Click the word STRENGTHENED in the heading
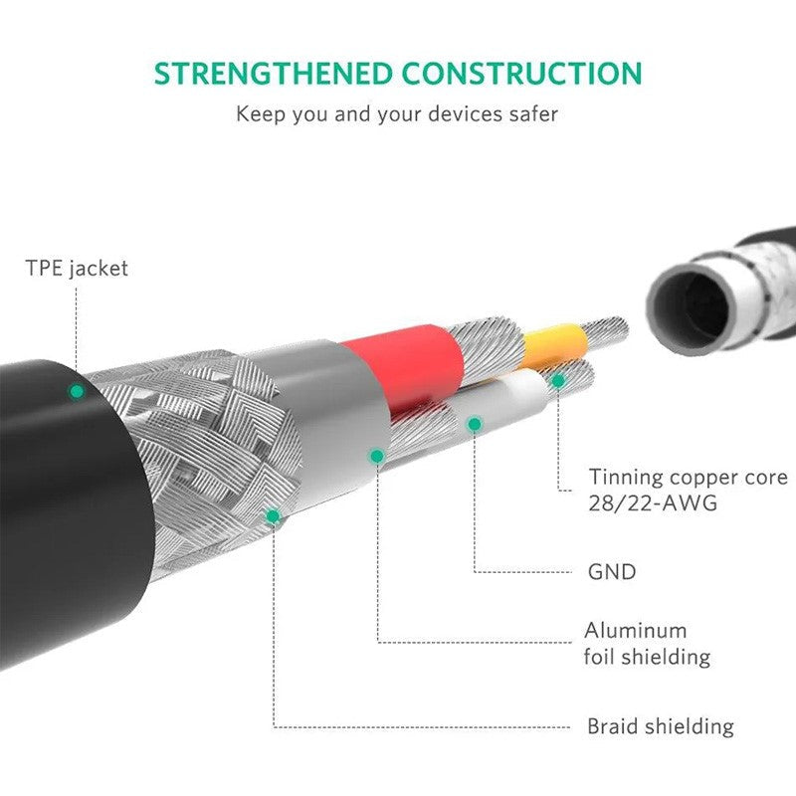coord(274,73)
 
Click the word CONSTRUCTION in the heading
coord(522,73)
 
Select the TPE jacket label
coord(77,268)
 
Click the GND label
coord(612,572)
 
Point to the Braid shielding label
coord(661,726)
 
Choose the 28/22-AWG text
coord(653,503)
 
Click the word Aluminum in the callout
coord(636,631)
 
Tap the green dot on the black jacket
coord(78,391)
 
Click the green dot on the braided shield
coord(273,516)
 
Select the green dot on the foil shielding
coord(377,457)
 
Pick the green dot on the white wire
coord(475,424)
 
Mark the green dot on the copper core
coord(558,381)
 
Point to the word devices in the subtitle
coord(465,113)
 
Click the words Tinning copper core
coord(688,478)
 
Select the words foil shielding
coord(648,657)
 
